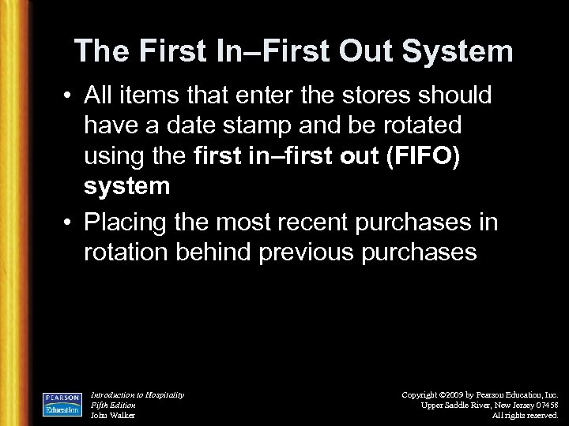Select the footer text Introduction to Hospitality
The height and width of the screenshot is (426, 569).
point(138,394)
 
